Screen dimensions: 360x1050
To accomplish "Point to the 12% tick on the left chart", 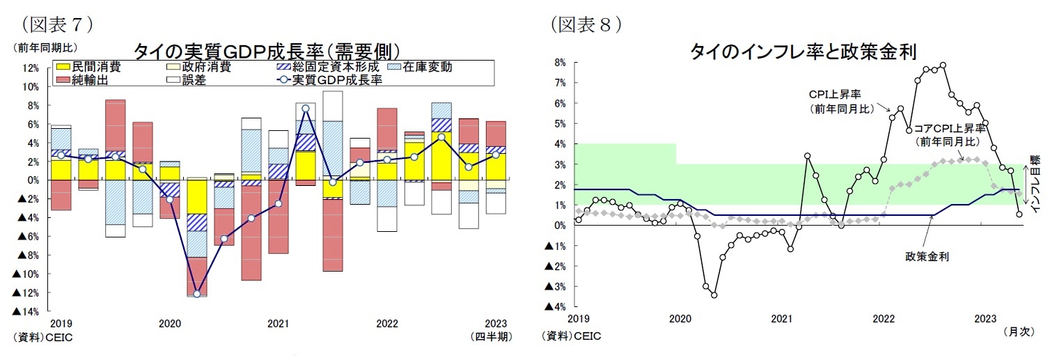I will click(30, 68).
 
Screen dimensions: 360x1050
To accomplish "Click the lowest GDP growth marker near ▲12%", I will click(197, 294).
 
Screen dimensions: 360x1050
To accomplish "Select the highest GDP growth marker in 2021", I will click(306, 109).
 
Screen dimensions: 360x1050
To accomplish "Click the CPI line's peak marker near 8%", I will click(943, 65).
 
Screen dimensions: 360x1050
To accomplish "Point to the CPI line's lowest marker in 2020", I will click(714, 295).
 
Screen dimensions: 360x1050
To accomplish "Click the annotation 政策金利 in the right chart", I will click(922, 256).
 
